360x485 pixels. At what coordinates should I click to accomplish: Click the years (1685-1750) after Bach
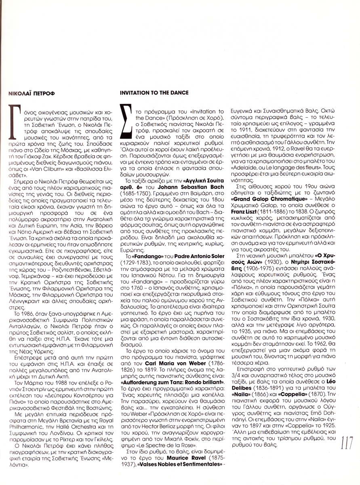tap(135, 199)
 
